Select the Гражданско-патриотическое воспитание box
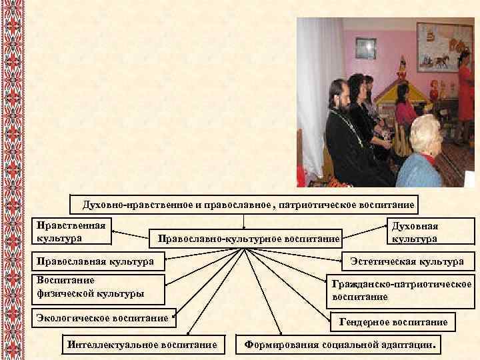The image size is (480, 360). pyautogui.click(x=401, y=289)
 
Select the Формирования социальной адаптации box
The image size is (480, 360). pyautogui.click(x=342, y=345)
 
